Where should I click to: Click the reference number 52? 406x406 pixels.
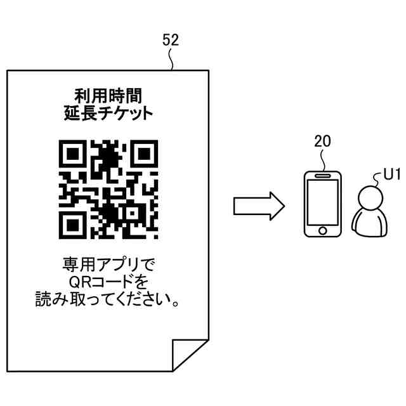171,39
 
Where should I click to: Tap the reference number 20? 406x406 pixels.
322,141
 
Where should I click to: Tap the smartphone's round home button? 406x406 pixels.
322,229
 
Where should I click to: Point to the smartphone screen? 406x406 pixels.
322,202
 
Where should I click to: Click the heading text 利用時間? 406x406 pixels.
108,96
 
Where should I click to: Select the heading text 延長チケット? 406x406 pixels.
108,114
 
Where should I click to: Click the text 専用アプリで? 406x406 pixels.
108,263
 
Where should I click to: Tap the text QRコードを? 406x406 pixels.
108,280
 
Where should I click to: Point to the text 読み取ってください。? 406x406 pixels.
108,299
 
